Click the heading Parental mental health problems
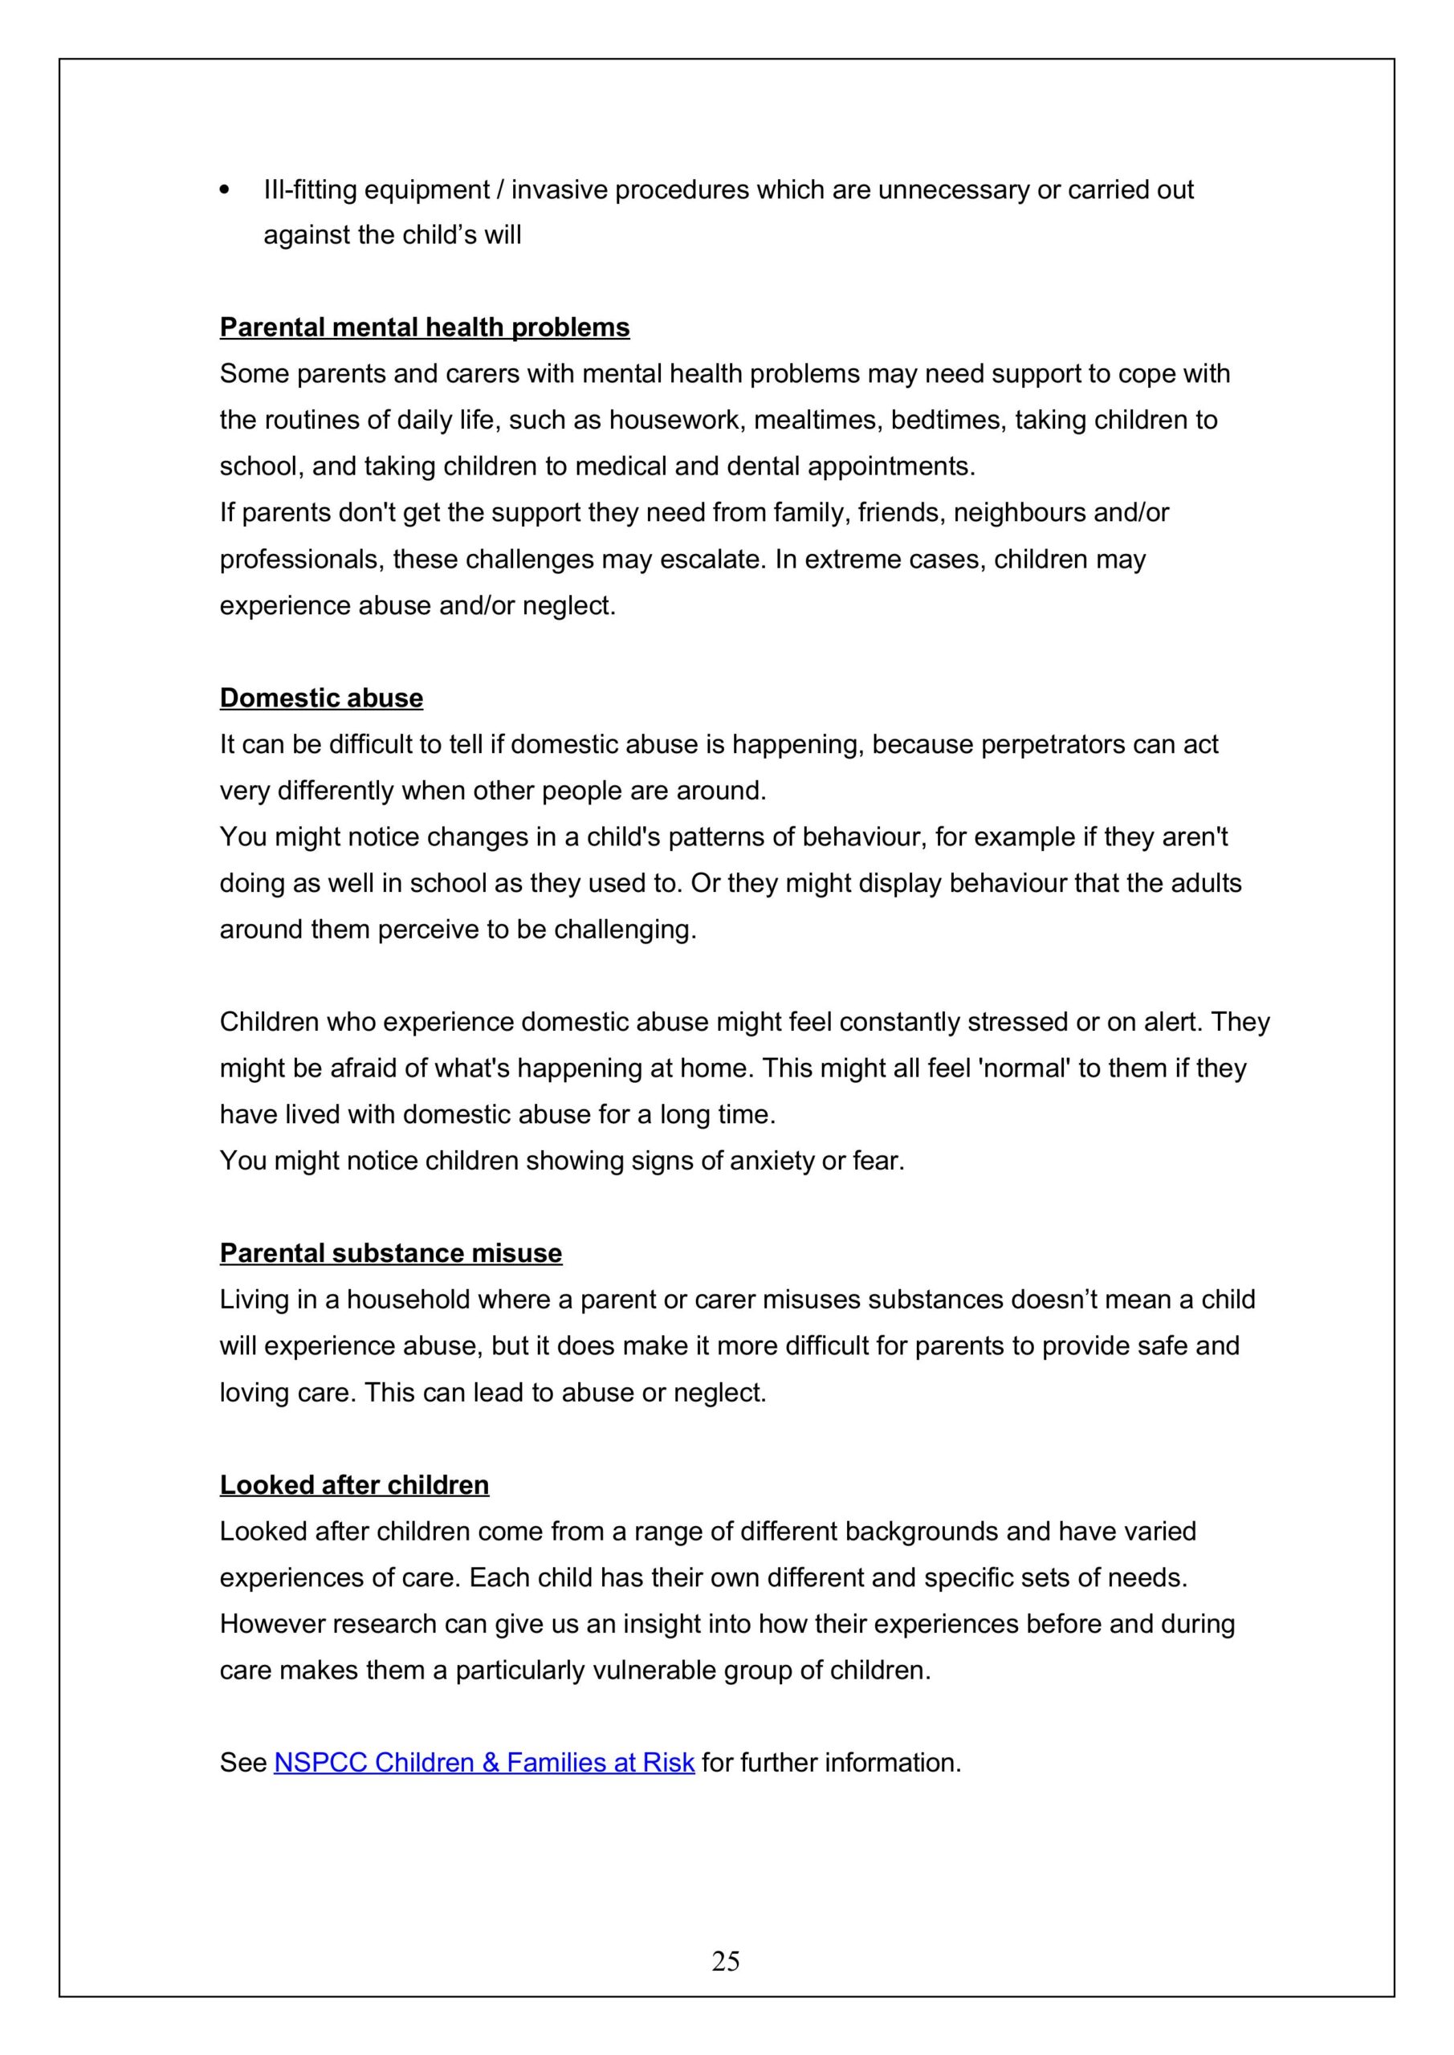coord(425,328)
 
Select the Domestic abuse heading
coord(321,698)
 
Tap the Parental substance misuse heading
coord(390,1253)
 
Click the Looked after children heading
coord(355,1485)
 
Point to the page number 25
coord(726,1961)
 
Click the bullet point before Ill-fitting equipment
coord(225,189)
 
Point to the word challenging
coord(624,930)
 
